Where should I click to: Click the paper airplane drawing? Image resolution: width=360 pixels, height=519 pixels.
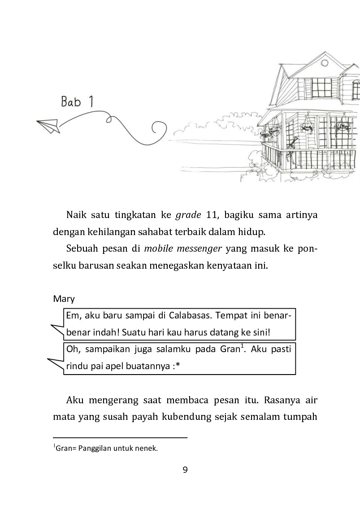pos(49,125)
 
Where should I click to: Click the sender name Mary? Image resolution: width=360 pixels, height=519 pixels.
pos(64,299)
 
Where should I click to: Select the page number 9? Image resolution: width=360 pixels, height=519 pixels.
pos(185,470)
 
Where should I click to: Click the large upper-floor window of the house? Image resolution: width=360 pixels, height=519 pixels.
pos(322,87)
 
